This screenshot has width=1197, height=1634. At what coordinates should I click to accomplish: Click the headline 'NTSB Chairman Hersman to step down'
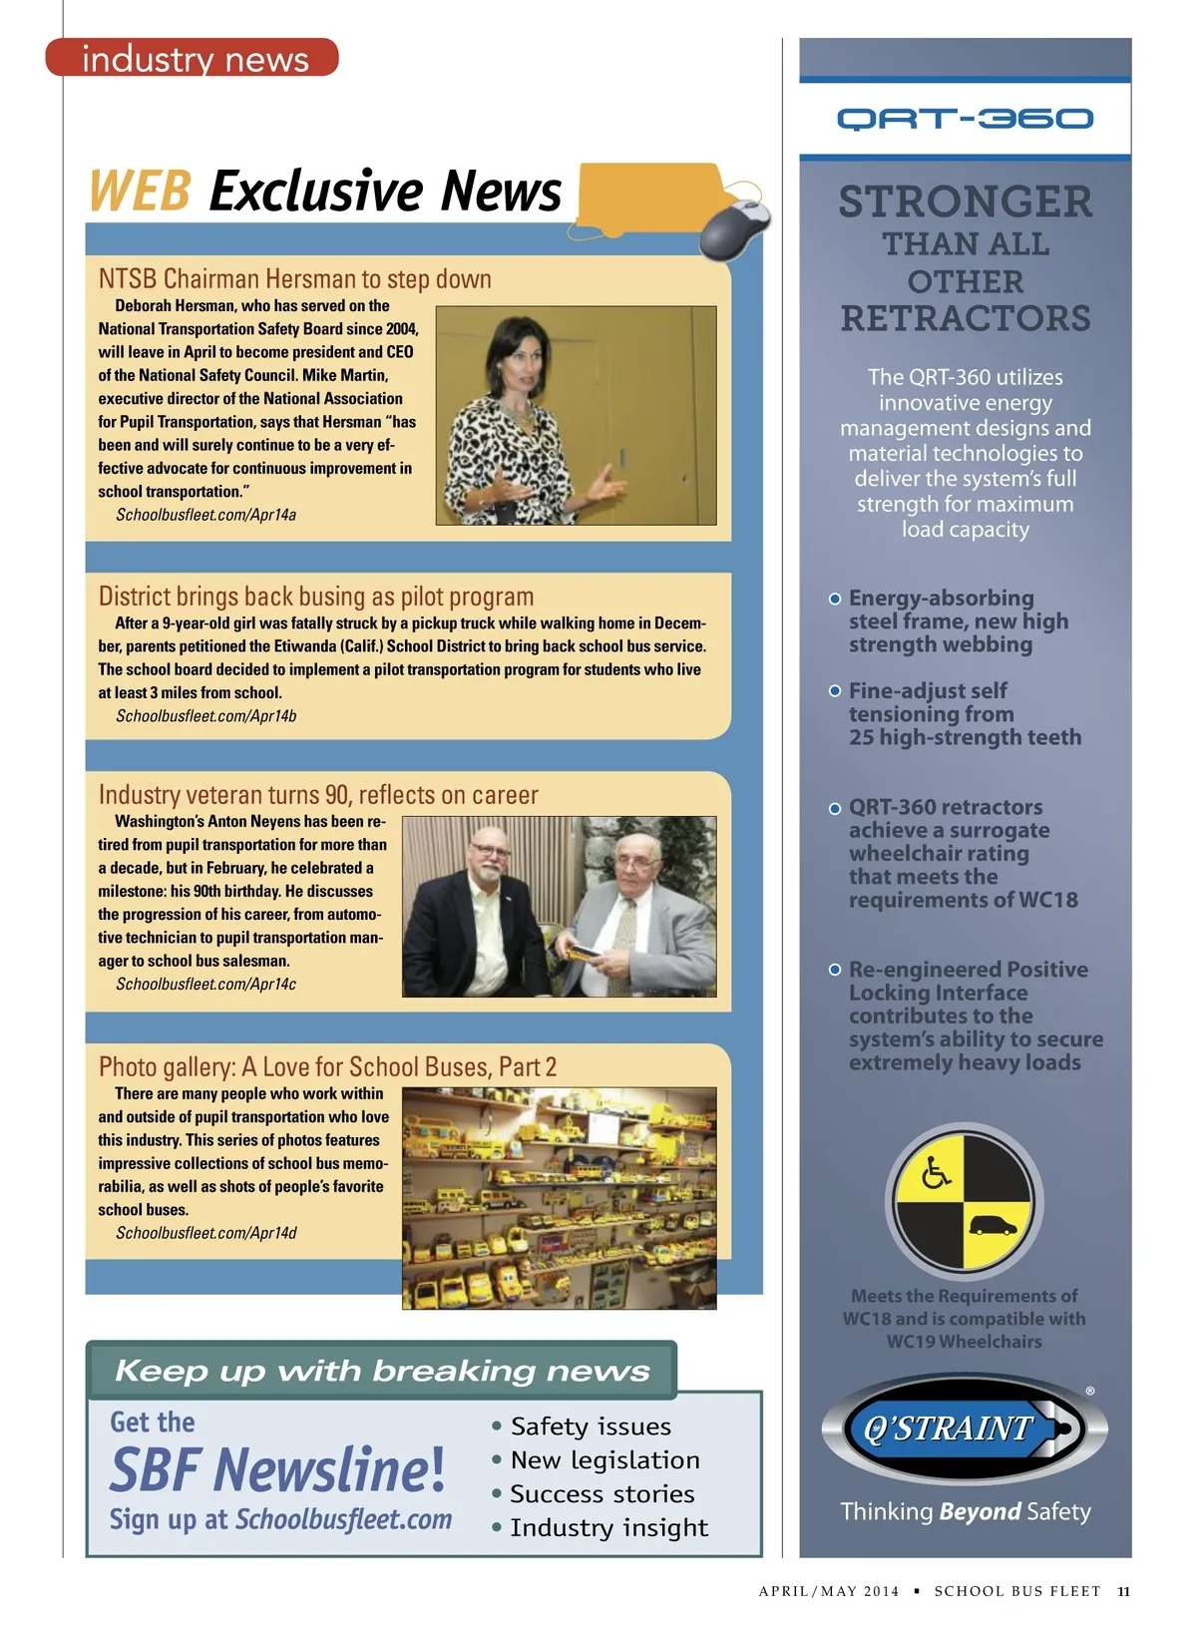pyautogui.click(x=294, y=278)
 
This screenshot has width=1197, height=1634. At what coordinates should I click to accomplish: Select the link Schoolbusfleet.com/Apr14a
pyautogui.click(x=205, y=515)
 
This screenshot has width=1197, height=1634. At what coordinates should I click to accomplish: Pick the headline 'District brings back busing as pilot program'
pyautogui.click(x=315, y=597)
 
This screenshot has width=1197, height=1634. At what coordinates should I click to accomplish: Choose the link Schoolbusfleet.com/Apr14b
pyautogui.click(x=205, y=716)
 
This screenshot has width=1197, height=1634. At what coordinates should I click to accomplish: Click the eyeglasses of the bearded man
pyautogui.click(x=492, y=851)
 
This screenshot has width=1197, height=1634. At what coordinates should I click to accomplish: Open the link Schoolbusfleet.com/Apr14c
pyautogui.click(x=205, y=985)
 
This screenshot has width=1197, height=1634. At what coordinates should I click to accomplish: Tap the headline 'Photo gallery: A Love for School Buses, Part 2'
pyautogui.click(x=327, y=1067)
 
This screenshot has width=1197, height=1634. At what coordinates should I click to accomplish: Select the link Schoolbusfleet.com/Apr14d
pyautogui.click(x=205, y=1233)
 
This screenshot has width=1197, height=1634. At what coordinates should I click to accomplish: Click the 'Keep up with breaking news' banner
pyautogui.click(x=382, y=1371)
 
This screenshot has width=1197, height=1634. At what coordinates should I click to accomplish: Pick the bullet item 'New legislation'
pyautogui.click(x=604, y=1460)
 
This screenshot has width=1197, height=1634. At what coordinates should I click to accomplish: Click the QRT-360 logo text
pyautogui.click(x=965, y=120)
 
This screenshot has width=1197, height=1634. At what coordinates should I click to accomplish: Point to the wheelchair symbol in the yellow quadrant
pyautogui.click(x=936, y=1172)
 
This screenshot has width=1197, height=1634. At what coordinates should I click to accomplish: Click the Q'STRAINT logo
pyautogui.click(x=964, y=1429)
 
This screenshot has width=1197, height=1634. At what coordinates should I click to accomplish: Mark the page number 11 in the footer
pyautogui.click(x=1123, y=1591)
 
